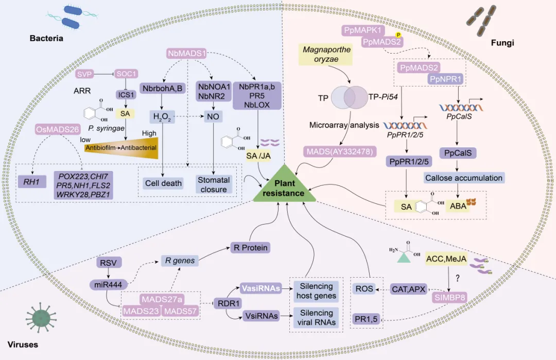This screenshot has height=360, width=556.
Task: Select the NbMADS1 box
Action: pyautogui.click(x=187, y=53)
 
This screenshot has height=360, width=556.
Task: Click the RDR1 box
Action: pyautogui.click(x=229, y=303)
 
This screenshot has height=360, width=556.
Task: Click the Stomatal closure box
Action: pyautogui.click(x=213, y=184)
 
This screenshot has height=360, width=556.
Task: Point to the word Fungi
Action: pyautogui.click(x=503, y=43)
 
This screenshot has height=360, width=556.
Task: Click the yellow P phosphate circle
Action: pyautogui.click(x=397, y=35)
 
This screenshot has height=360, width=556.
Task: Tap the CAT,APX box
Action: pyautogui.click(x=409, y=289)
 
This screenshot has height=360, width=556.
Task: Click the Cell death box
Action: pyautogui.click(x=163, y=183)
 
